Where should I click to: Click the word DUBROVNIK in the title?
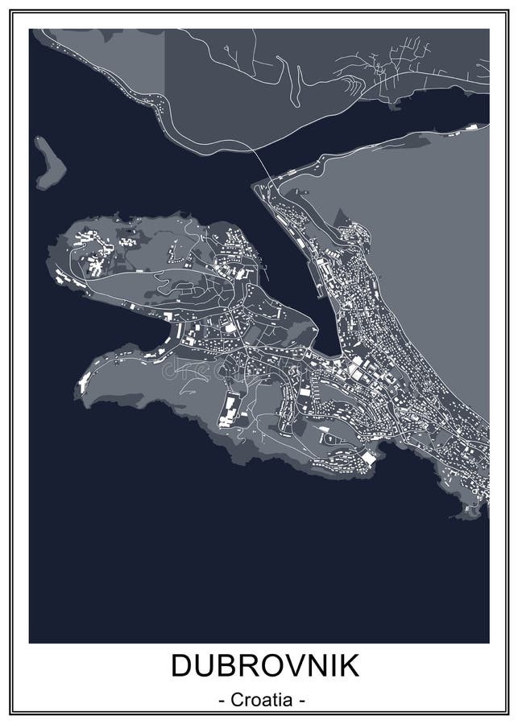[x=259, y=667]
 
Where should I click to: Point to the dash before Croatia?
[x=222, y=700]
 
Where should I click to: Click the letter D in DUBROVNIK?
[x=180, y=667]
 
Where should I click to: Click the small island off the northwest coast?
[x=51, y=160]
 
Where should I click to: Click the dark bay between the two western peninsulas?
[x=113, y=322]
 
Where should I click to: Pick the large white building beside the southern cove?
[x=367, y=458]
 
